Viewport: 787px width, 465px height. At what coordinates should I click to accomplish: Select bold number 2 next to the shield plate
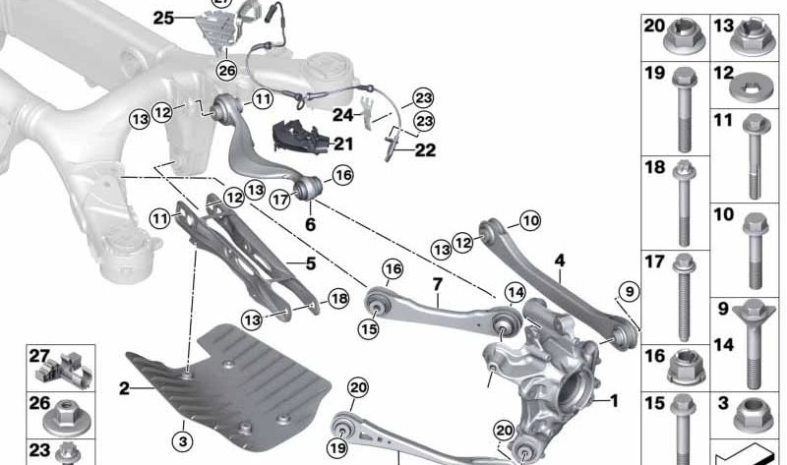click(x=124, y=389)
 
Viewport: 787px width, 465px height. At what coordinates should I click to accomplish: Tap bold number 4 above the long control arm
click(x=560, y=261)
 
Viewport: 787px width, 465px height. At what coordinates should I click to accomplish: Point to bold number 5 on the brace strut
click(x=310, y=262)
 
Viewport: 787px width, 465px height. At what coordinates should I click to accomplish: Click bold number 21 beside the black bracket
click(x=342, y=145)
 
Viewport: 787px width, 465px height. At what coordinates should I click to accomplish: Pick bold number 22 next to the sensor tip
click(x=425, y=149)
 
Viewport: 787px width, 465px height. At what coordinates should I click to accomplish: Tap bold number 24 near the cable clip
click(x=341, y=114)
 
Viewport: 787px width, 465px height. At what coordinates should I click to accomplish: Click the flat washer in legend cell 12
click(x=752, y=90)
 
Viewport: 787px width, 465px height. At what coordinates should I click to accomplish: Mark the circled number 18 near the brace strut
click(x=338, y=299)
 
